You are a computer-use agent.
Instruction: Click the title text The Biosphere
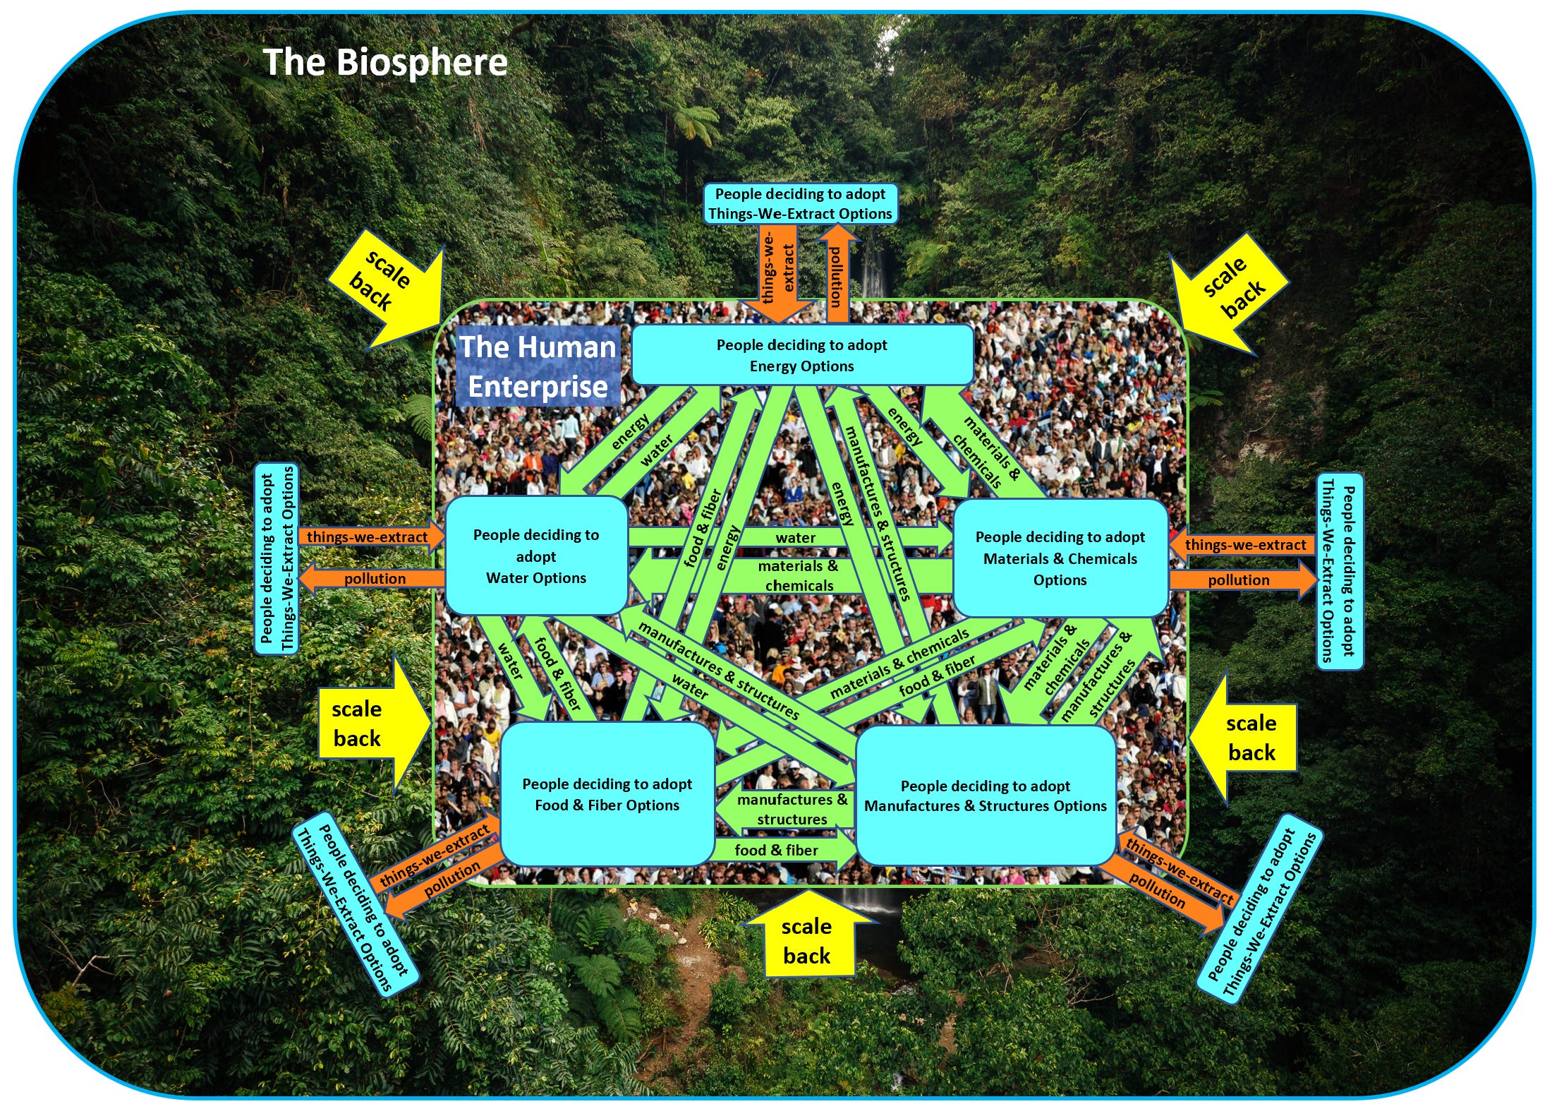pyautogui.click(x=384, y=62)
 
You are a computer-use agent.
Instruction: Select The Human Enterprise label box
pyautogui.click(x=538, y=366)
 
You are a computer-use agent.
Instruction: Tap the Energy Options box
pyautogui.click(x=802, y=355)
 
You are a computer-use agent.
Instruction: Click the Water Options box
pyautogui.click(x=536, y=556)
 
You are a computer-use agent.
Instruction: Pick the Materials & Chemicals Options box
pyautogui.click(x=1060, y=558)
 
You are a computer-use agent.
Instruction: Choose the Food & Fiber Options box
pyautogui.click(x=607, y=794)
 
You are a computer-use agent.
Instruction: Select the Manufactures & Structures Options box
pyautogui.click(x=985, y=796)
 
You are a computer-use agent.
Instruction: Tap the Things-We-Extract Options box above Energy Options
pyautogui.click(x=800, y=203)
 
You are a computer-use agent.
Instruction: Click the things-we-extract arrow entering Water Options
pyautogui.click(x=370, y=536)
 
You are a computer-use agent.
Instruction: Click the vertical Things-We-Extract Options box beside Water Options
pyautogui.click(x=277, y=559)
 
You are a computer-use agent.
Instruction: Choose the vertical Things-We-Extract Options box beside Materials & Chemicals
pyautogui.click(x=1339, y=572)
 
